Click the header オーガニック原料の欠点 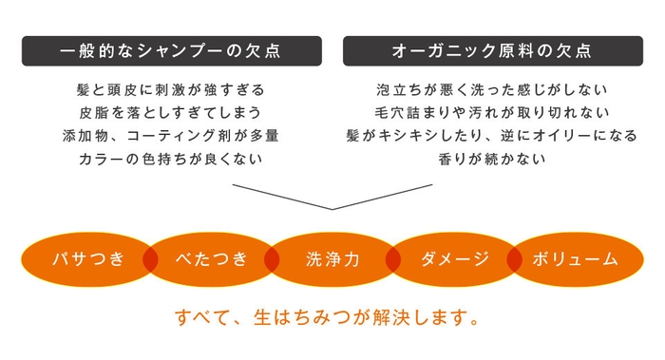click(492, 50)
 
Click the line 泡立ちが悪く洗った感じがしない click(492, 91)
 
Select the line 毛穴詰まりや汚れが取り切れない click(492, 113)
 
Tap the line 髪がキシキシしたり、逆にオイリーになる click(492, 135)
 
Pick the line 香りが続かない click(492, 158)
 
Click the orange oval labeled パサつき click(87, 258)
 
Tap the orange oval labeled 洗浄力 click(332, 258)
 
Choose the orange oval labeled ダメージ click(453, 258)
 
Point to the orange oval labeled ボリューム click(576, 258)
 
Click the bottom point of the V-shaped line click(332, 208)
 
